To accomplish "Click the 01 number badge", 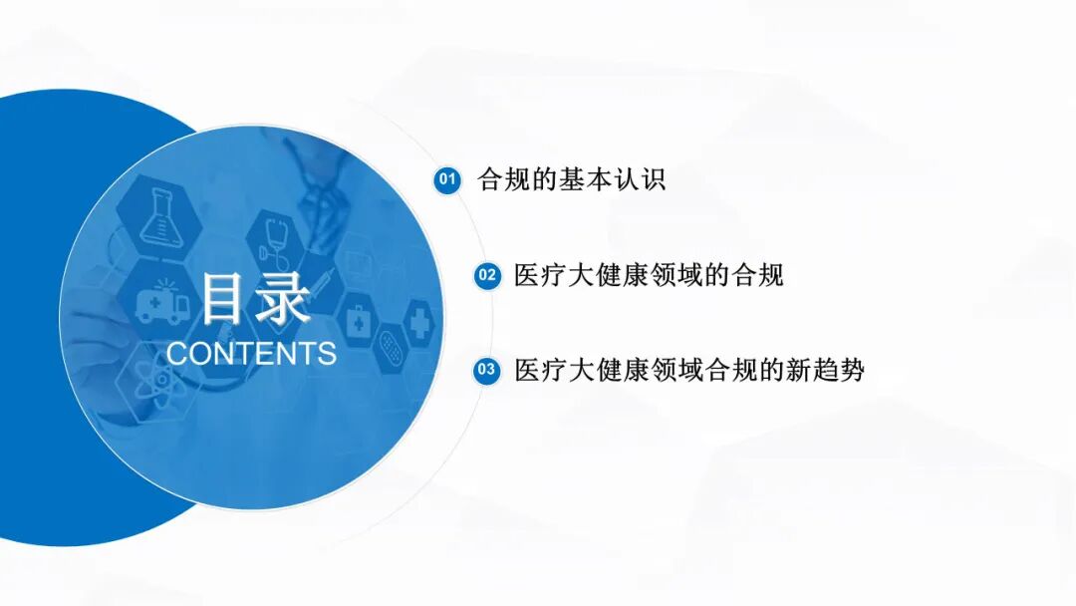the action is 447,179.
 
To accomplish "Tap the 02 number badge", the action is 487,276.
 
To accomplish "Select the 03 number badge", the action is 486,370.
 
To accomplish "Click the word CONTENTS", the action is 251,354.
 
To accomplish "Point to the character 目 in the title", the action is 223,298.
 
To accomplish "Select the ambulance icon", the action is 161,302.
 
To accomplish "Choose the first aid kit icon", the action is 358,320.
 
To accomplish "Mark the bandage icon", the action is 392,348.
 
